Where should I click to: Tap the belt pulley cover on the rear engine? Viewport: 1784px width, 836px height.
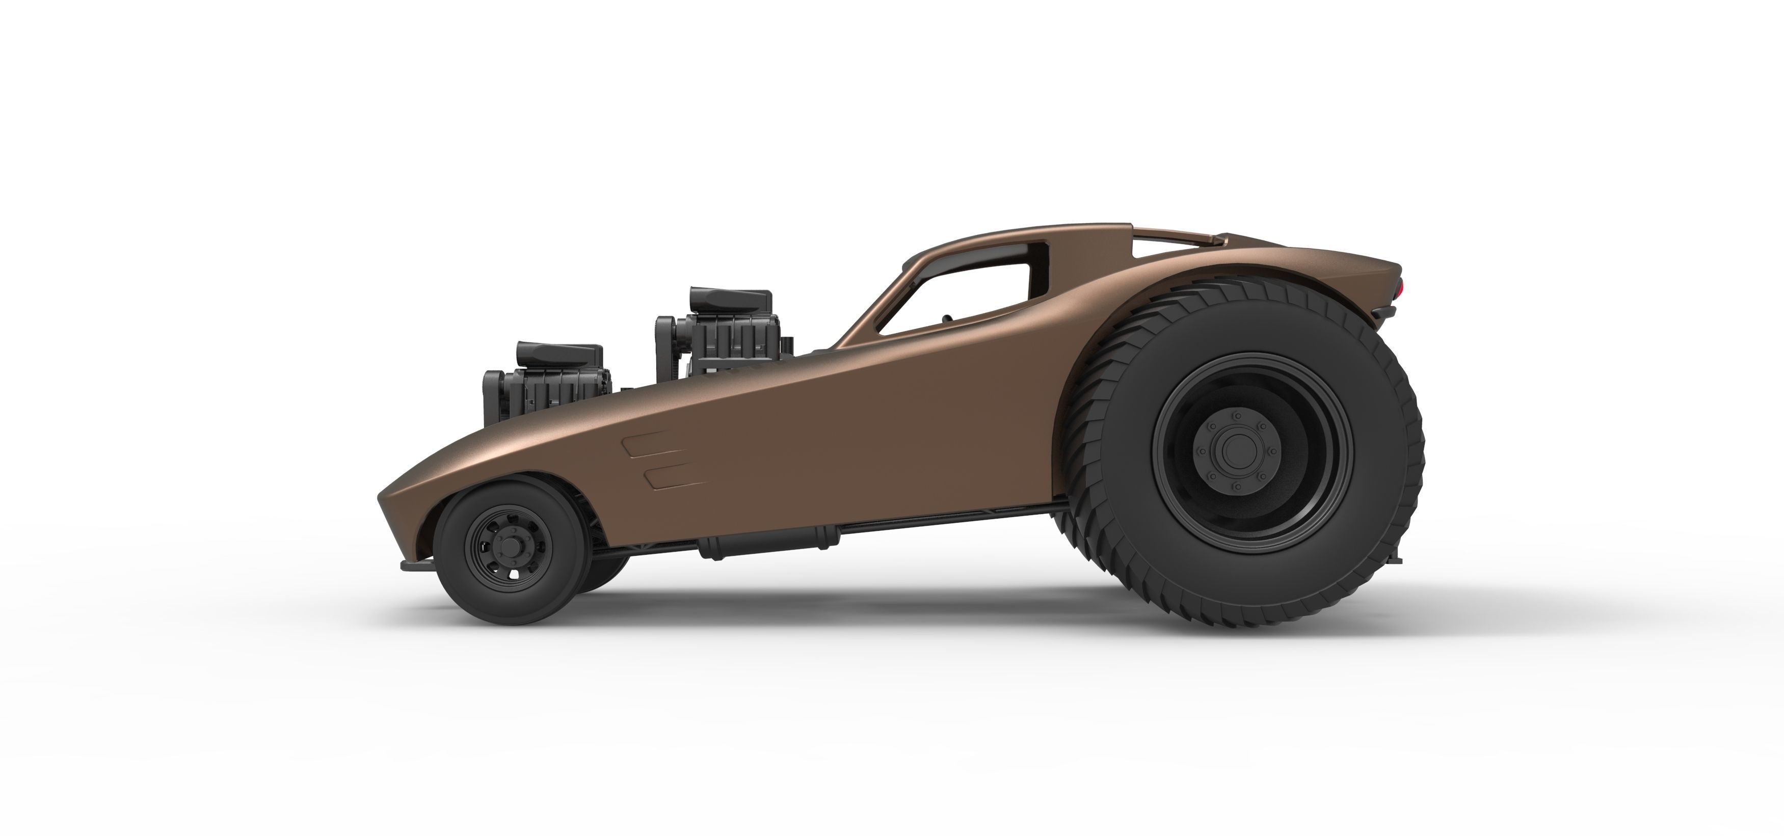tap(665, 346)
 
